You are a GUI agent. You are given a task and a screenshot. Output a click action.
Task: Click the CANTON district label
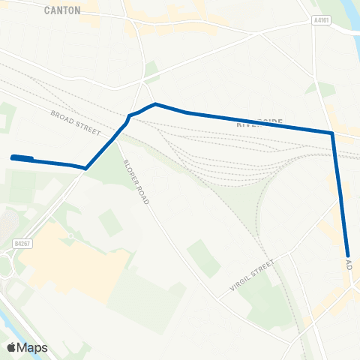[x=62, y=10]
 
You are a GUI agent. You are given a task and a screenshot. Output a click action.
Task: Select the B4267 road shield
[x=22, y=244]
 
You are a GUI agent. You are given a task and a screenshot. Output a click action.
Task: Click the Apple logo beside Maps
[x=12, y=347]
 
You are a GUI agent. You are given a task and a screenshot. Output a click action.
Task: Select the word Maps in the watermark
[x=34, y=347]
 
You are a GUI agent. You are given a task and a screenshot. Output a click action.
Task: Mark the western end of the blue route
[x=13, y=157]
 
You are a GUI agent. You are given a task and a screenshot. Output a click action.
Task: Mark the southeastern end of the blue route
[x=349, y=256]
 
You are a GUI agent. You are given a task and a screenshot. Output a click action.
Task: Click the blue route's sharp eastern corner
[x=331, y=133]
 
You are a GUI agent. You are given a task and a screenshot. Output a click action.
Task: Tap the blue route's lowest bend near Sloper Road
[x=86, y=168]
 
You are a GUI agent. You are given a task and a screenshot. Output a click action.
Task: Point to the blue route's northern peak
[x=154, y=104]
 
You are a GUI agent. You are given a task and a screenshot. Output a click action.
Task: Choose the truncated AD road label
[x=349, y=265]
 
